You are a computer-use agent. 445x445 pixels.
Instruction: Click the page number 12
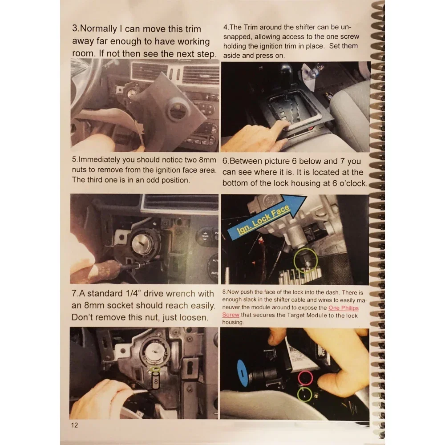(x=74, y=425)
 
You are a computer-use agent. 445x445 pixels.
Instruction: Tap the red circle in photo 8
(x=305, y=377)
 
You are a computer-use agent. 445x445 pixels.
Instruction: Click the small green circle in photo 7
(x=155, y=368)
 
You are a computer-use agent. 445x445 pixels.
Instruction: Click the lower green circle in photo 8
(x=304, y=393)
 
